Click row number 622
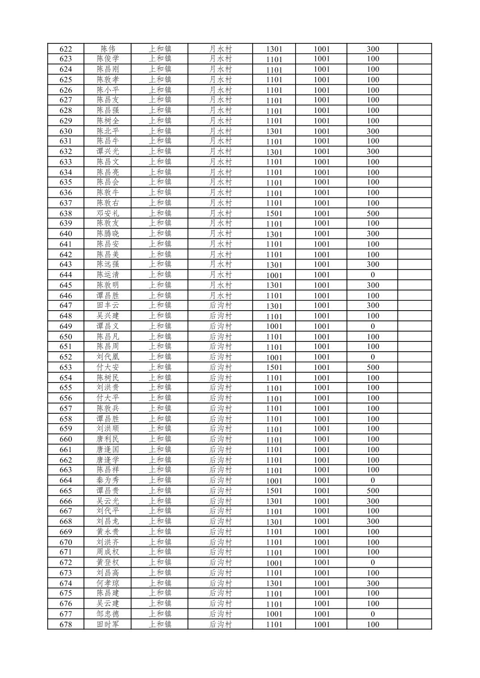[66, 49]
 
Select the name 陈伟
[108, 49]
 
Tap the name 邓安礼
[108, 213]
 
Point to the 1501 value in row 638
[274, 213]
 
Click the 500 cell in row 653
[372, 367]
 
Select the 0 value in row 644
[372, 275]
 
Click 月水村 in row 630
[220, 131]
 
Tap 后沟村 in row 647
[220, 306]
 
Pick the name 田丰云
[108, 306]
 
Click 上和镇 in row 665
[160, 491]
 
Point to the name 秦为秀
[108, 480]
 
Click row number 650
[66, 337]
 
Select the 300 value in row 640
[372, 234]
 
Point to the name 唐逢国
[108, 449]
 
